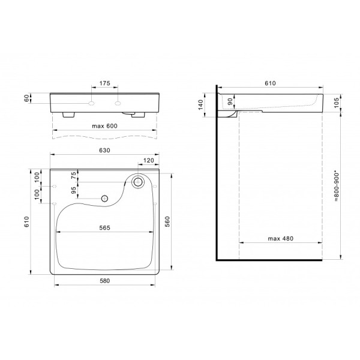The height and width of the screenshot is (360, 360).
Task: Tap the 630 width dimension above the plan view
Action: point(105,152)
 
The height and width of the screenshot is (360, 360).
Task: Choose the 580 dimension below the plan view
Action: point(105,281)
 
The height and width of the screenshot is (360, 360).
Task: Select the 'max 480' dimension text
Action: point(280,239)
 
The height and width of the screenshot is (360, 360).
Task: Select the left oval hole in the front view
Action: point(91,103)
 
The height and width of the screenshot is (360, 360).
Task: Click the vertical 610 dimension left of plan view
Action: point(26,223)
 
